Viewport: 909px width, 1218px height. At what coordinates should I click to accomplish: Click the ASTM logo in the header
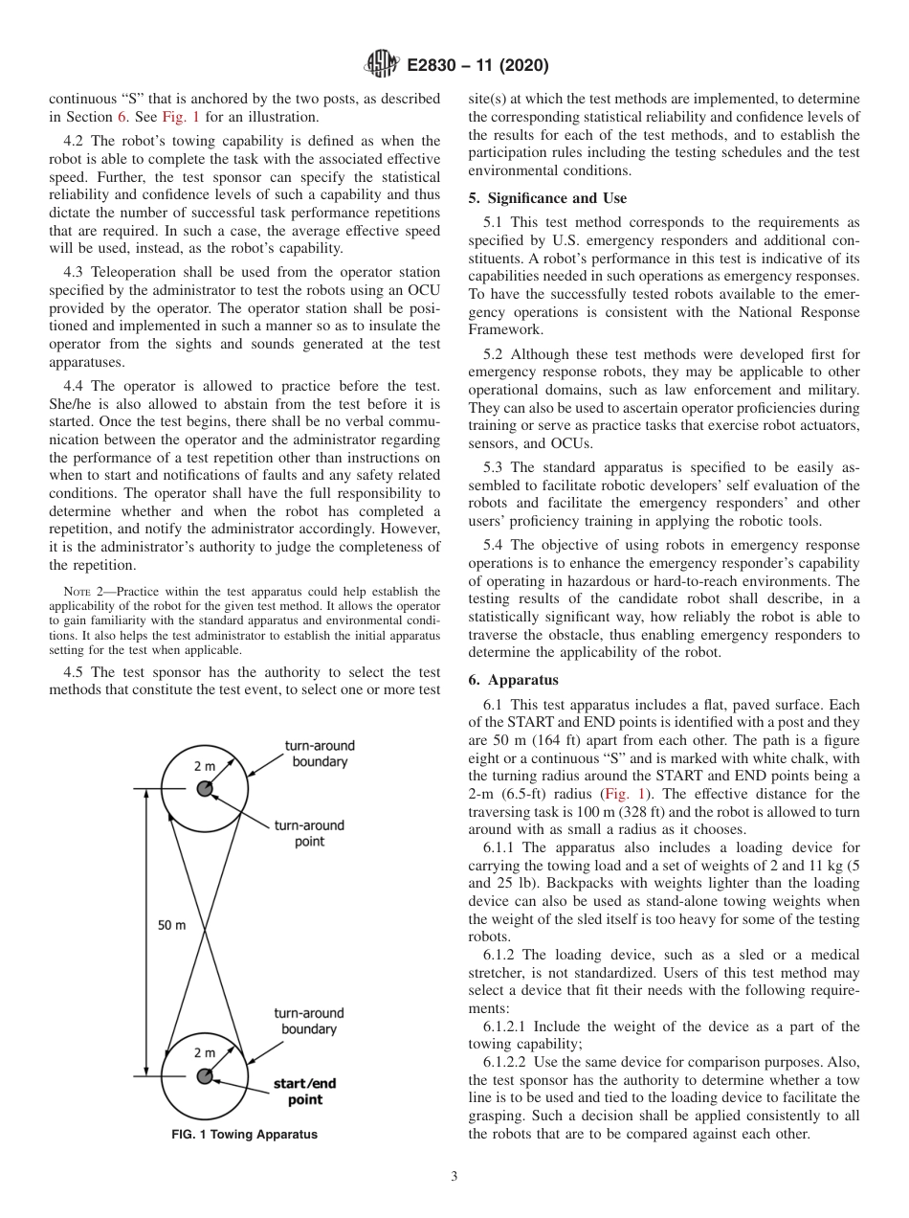coord(382,65)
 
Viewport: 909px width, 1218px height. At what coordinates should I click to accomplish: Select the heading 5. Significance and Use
coord(547,198)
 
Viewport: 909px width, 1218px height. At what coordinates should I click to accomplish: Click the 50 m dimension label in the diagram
coord(172,925)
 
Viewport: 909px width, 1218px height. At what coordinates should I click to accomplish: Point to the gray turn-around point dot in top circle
coord(204,789)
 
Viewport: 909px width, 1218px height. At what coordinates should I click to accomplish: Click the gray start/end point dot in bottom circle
coord(204,1075)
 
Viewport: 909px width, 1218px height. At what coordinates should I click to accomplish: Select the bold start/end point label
coord(304,1092)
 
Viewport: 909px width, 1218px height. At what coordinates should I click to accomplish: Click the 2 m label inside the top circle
coord(205,767)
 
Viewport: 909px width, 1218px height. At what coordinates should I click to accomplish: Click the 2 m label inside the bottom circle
coord(205,1052)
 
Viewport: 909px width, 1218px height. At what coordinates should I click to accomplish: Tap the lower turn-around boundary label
coord(308,1021)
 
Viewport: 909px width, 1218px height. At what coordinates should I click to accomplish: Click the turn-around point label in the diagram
coord(308,833)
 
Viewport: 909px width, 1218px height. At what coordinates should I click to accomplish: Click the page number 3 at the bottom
coord(454,1177)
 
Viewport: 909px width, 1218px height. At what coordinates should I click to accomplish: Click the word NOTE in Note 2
coord(74,592)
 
